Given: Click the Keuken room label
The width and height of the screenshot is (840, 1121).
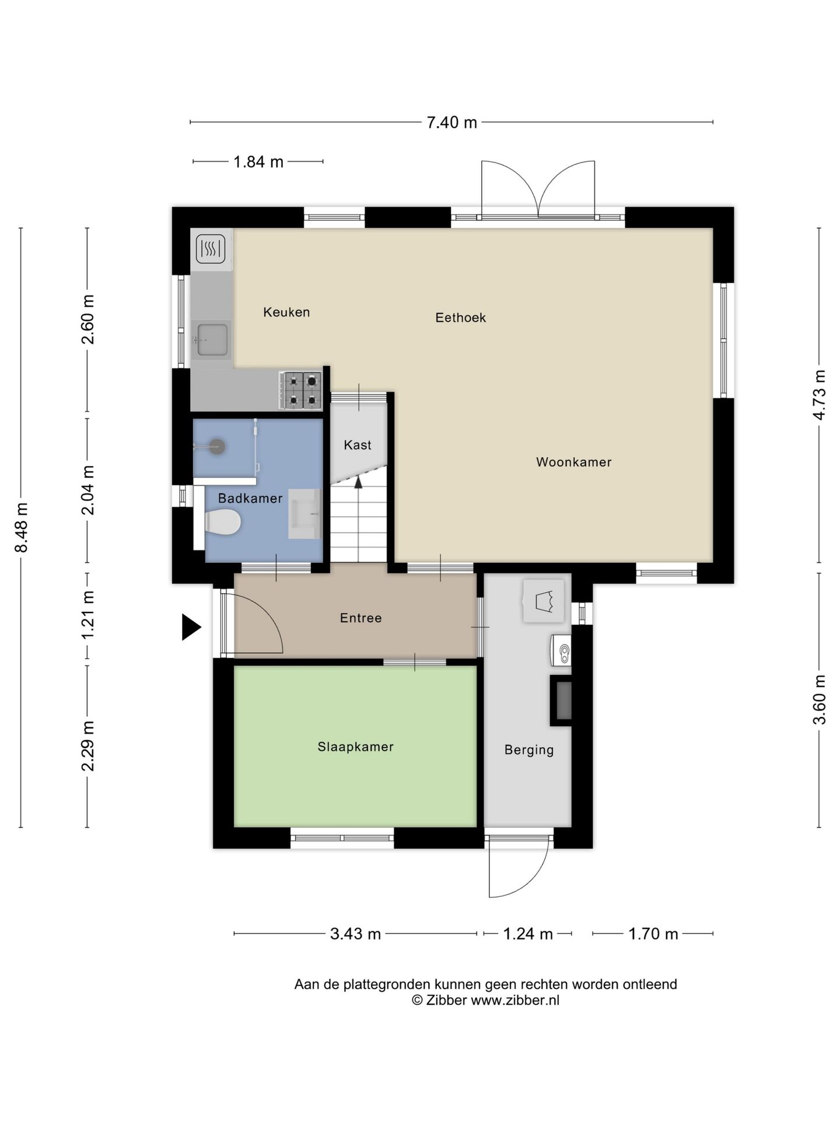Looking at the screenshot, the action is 286,312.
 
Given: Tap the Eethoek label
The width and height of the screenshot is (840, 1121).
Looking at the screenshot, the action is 460,318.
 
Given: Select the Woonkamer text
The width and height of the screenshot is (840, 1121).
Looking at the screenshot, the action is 574,462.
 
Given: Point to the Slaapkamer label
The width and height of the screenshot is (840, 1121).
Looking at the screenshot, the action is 355,747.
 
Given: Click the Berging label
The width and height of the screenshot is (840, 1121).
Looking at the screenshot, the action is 529,750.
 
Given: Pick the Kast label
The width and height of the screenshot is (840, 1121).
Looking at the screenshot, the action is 358,445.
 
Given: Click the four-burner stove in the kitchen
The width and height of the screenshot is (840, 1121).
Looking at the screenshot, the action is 301,390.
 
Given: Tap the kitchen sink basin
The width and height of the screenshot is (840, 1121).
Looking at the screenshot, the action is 212,339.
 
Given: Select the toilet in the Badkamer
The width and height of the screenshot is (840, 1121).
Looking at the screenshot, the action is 223,522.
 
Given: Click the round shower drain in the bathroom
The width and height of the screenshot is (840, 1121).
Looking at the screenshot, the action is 217,447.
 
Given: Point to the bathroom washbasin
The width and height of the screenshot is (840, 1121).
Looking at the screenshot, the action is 305,514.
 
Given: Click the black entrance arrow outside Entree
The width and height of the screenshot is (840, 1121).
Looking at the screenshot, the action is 191,627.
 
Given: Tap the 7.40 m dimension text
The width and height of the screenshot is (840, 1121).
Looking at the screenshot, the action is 452,123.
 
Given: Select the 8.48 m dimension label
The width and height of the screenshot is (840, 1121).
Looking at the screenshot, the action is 22,527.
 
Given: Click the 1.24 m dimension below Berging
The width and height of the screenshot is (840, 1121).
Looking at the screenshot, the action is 527,934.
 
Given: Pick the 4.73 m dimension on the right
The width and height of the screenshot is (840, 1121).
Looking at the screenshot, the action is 820,395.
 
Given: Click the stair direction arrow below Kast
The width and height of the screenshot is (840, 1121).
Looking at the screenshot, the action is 358,482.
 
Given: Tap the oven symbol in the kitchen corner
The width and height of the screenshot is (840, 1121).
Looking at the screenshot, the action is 211,249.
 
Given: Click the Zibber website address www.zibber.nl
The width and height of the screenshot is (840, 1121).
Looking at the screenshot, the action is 515,1000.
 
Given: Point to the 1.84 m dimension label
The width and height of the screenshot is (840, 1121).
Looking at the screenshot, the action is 258,162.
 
